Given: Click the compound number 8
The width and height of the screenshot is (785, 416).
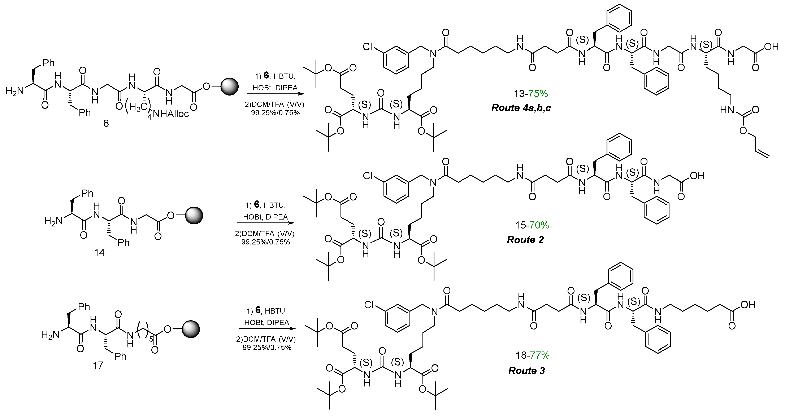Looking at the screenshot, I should (106, 124).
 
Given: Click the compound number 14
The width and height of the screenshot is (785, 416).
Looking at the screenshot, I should (99, 252).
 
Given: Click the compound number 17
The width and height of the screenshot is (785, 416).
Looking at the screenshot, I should (98, 365).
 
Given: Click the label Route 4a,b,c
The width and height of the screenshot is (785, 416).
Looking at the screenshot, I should (521, 108).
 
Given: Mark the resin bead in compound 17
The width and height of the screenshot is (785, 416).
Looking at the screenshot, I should (191, 329).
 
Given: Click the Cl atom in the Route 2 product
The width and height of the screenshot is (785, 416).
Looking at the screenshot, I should (368, 176).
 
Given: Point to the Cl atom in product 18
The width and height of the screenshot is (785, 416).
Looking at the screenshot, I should (369, 305).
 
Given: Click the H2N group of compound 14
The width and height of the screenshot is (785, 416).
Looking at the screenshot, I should (53, 221).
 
